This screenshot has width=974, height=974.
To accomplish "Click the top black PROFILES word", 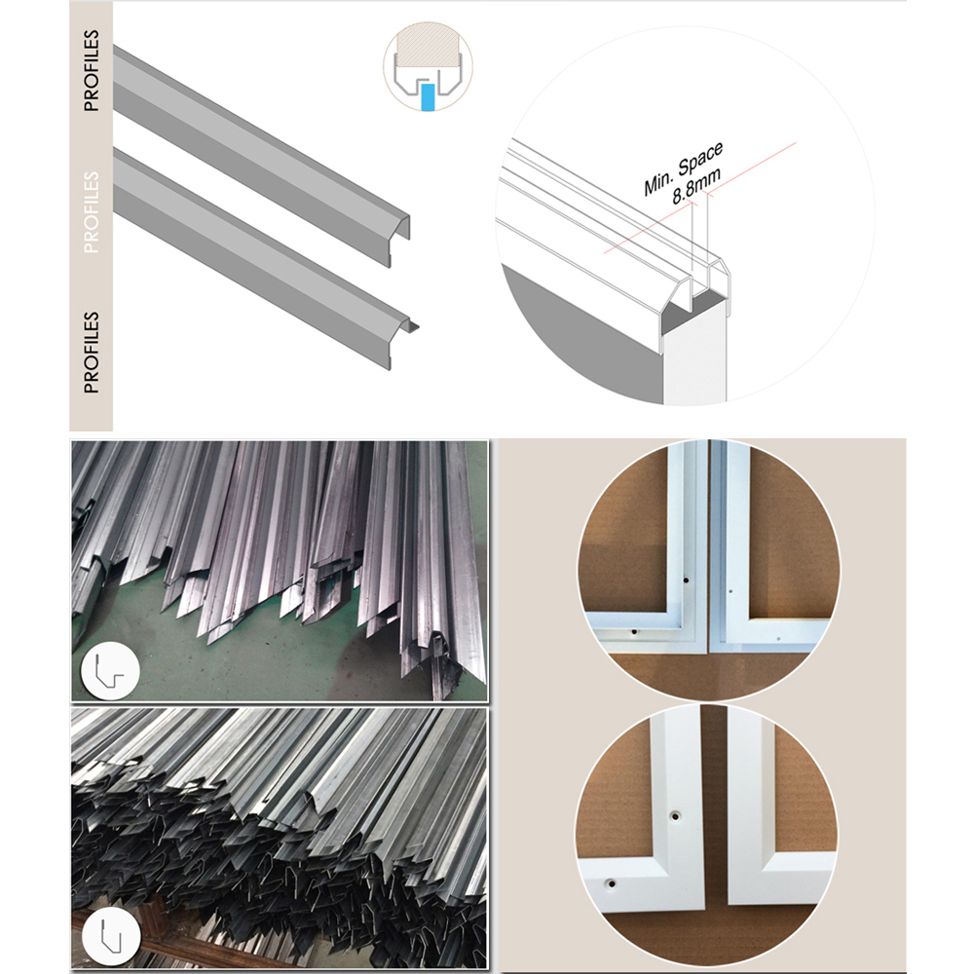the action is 92,71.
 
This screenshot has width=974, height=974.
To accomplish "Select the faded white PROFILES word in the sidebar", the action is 92,212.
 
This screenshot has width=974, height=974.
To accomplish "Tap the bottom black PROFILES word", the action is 92,353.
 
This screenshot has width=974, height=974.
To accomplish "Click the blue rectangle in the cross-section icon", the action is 428,98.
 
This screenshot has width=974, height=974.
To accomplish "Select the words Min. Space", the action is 684,168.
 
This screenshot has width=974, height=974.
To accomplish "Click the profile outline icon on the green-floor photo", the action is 110,671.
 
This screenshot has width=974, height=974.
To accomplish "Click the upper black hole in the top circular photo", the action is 686,581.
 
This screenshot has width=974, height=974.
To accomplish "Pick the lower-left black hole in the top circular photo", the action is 633,632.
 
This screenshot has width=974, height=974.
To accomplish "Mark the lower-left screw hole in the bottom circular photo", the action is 612,882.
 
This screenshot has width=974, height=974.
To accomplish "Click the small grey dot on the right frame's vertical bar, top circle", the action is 730,591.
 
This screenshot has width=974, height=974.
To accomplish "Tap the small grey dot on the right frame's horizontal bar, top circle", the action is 779,638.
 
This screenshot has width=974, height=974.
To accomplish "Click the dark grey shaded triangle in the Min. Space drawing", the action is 583,335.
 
